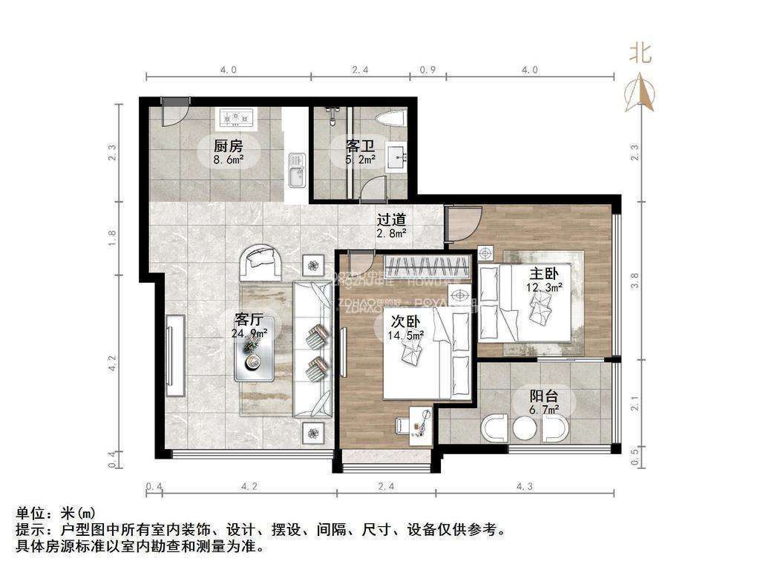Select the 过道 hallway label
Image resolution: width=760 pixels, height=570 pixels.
(x=391, y=220)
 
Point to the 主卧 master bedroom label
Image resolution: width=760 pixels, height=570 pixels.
(x=544, y=272)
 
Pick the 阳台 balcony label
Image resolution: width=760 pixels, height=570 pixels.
(x=544, y=396)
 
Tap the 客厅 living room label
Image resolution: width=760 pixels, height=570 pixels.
(x=249, y=320)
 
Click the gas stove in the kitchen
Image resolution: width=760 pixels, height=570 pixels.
(x=236, y=117)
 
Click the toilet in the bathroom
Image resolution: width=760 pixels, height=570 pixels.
(x=391, y=118)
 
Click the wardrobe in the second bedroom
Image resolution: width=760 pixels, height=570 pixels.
(x=428, y=265)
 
